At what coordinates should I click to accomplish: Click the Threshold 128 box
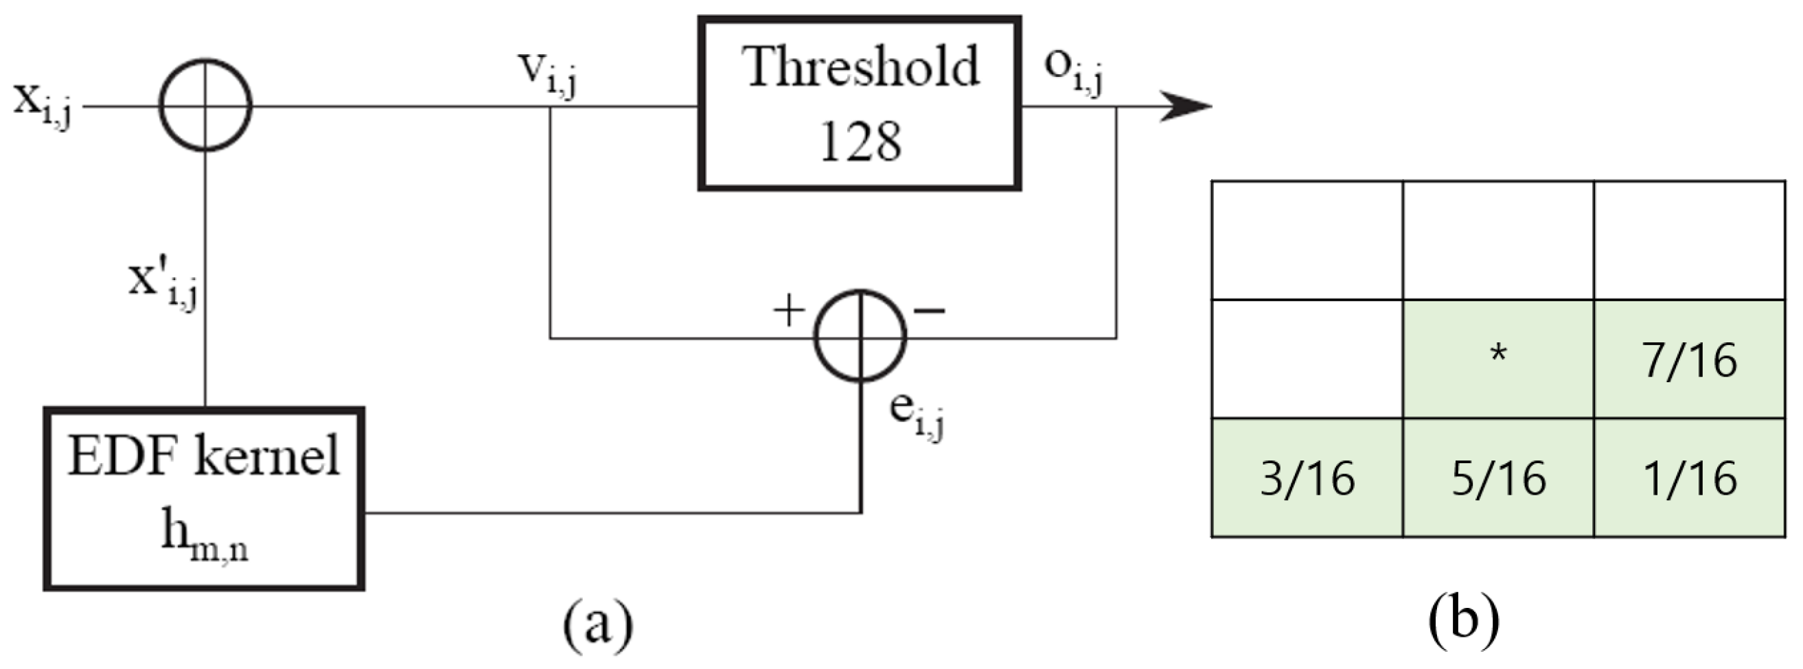click(x=859, y=104)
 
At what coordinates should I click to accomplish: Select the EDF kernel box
click(x=204, y=498)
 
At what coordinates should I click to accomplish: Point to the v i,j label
click(x=548, y=75)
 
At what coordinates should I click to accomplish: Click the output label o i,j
click(x=1074, y=72)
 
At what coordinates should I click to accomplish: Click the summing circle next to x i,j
click(x=205, y=106)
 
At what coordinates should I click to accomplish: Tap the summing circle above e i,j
click(x=860, y=336)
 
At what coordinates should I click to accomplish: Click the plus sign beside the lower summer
click(x=789, y=310)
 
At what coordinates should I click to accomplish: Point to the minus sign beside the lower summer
click(x=930, y=310)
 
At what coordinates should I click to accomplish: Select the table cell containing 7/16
click(x=1689, y=359)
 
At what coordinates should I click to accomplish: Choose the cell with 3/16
click(x=1307, y=478)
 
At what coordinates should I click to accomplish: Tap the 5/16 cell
click(x=1498, y=478)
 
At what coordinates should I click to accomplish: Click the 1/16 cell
click(x=1689, y=478)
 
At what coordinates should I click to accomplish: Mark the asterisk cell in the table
click(x=1498, y=359)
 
